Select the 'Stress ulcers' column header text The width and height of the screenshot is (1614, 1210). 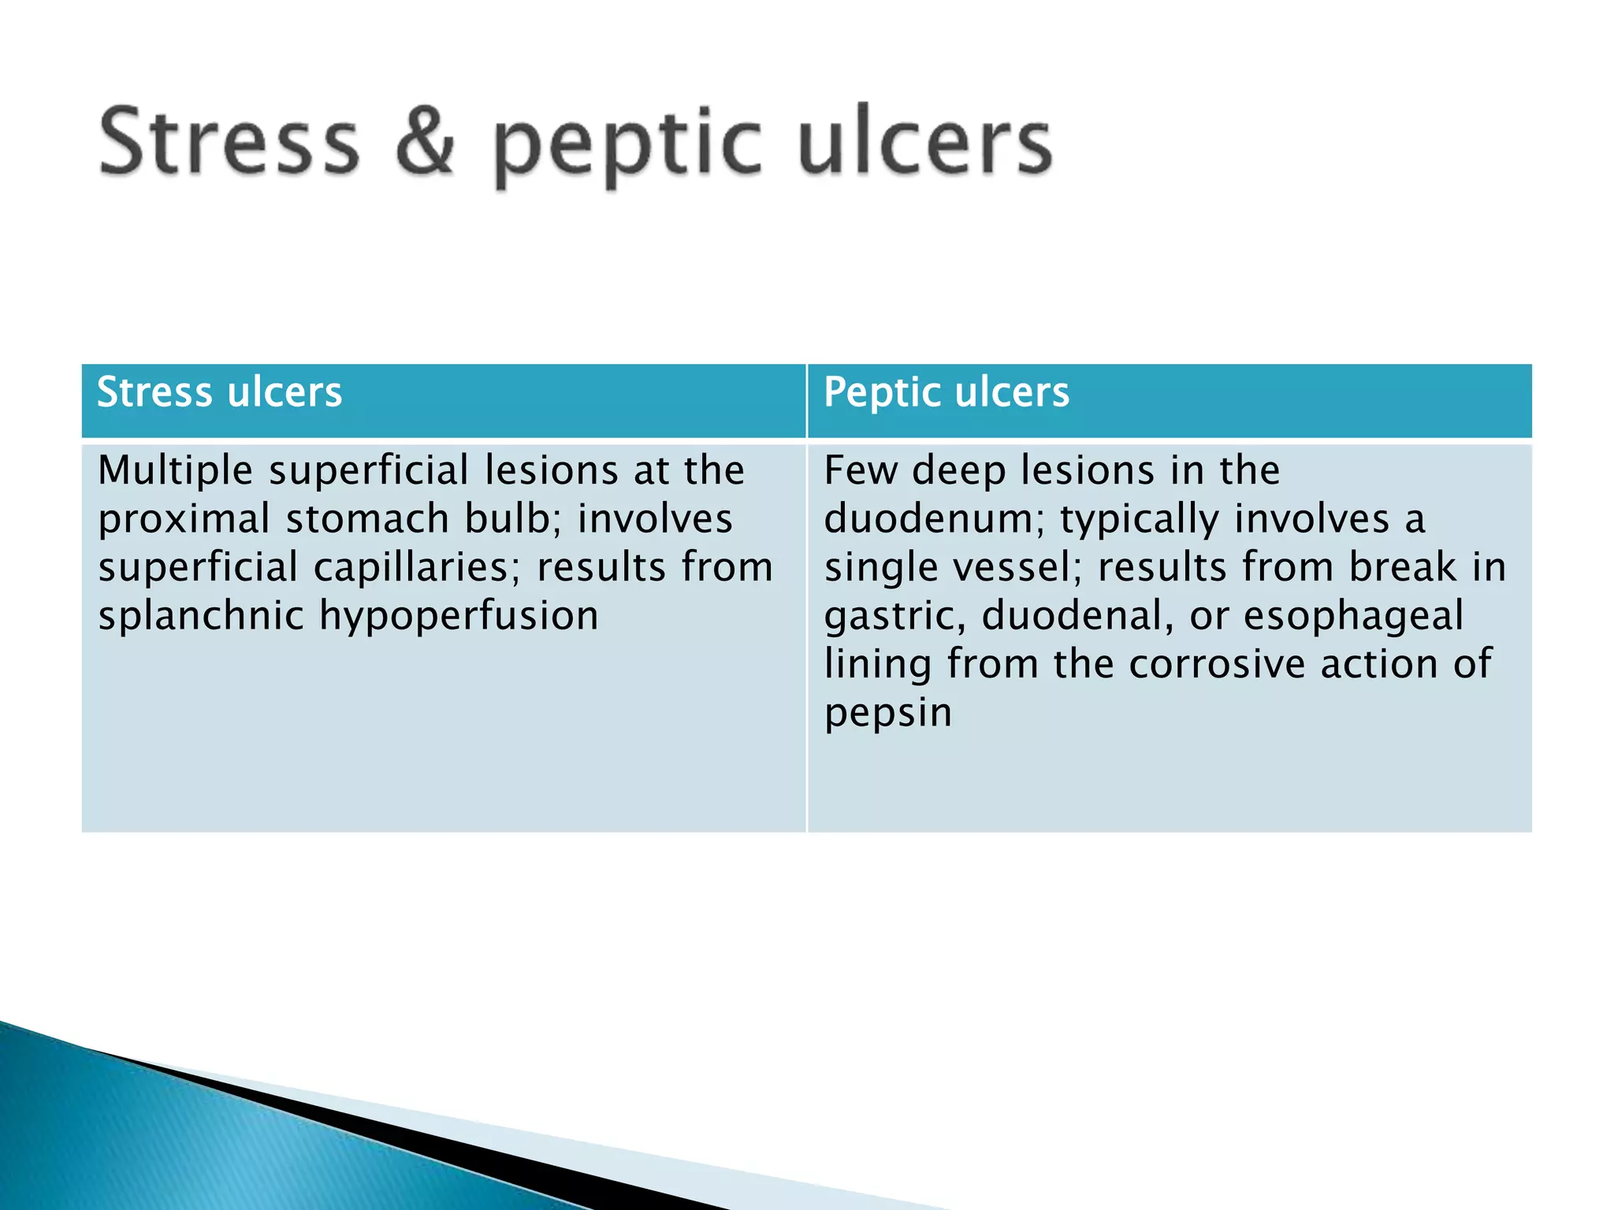pos(219,392)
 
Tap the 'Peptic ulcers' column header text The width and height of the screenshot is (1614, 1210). pos(946,392)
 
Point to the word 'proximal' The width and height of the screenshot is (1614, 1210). pos(184,519)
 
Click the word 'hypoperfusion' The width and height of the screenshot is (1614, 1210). pos(459,616)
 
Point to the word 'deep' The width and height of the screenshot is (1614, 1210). pos(959,472)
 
